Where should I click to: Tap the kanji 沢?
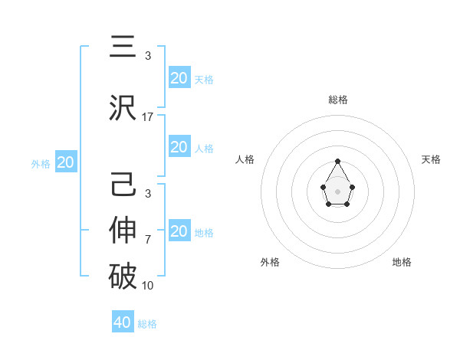coord(123,107)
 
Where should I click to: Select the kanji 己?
coord(123,186)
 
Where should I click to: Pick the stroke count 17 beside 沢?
coord(148,116)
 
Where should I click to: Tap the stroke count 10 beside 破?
coord(148,286)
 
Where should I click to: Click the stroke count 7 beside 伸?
coord(148,240)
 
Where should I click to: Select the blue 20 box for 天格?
coord(179,78)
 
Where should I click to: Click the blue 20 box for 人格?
coord(179,147)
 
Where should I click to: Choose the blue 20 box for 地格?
coord(179,231)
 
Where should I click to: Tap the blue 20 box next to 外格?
coord(66,162)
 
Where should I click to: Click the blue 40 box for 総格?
coord(123,322)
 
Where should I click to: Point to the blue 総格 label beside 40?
coord(147,324)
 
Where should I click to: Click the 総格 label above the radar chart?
coord(337,100)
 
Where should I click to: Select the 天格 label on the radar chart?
coord(431,159)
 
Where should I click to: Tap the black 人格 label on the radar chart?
coord(245,159)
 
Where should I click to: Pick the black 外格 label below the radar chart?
coord(270,262)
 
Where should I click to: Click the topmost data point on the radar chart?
coord(337,161)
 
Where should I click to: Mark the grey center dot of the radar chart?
coord(337,191)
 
